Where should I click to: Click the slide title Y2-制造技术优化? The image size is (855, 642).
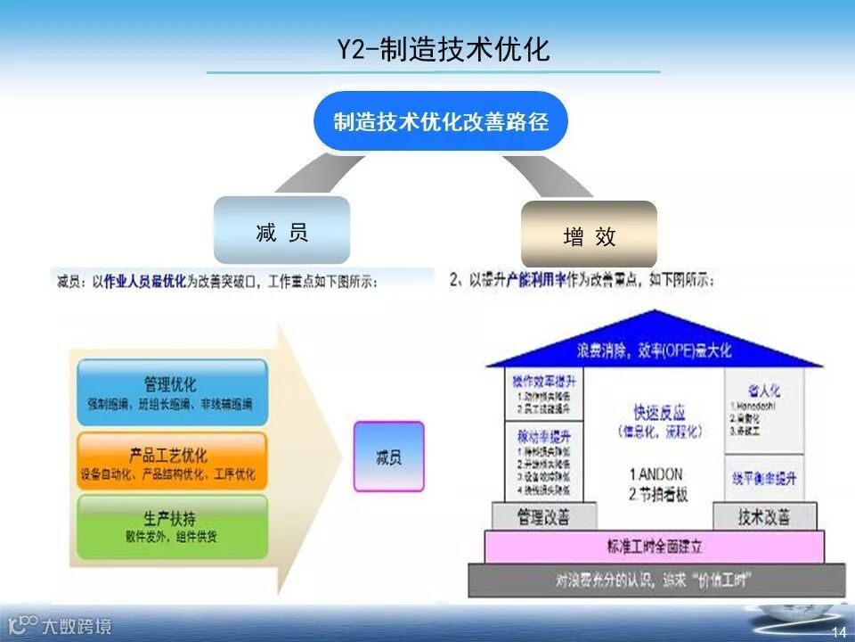pyautogui.click(x=443, y=49)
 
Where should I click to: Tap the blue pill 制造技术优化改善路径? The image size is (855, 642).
pyautogui.click(x=441, y=121)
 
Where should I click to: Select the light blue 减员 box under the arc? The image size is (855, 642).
pyautogui.click(x=281, y=232)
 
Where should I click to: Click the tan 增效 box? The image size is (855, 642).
pyautogui.click(x=589, y=235)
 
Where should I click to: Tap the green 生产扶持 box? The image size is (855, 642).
pyautogui.click(x=171, y=526)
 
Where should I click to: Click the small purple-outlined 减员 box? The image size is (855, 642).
pyautogui.click(x=388, y=457)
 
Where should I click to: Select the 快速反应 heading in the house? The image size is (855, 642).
pyautogui.click(x=660, y=413)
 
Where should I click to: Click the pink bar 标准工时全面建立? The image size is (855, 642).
pyautogui.click(x=654, y=547)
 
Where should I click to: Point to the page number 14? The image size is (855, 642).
pyautogui.click(x=837, y=632)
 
